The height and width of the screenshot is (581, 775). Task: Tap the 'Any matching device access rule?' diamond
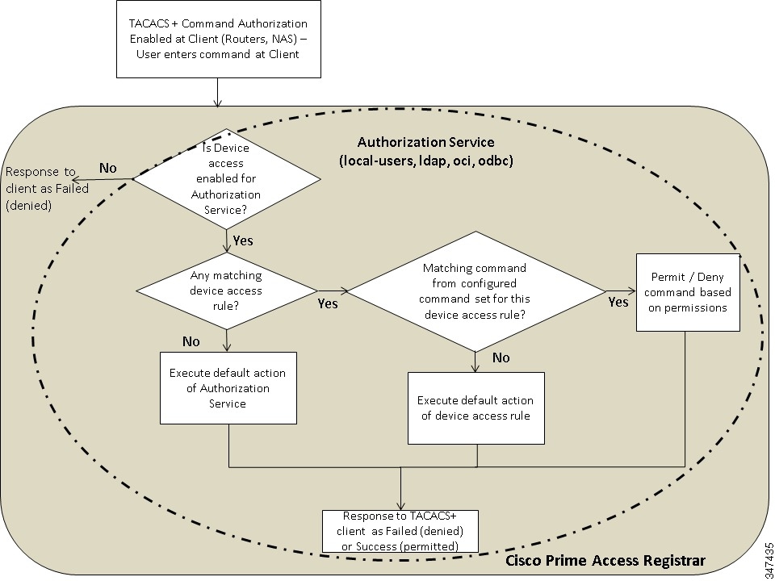(x=226, y=288)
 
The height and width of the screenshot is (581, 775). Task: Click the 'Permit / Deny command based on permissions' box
(x=688, y=291)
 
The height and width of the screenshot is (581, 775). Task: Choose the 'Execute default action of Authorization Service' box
(x=228, y=387)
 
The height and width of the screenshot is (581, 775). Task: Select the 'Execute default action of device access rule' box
(x=475, y=408)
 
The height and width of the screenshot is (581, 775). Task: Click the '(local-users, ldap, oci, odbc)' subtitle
(x=426, y=160)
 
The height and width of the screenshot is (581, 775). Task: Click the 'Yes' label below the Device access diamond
(x=243, y=240)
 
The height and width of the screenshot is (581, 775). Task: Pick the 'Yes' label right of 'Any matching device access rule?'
(x=328, y=303)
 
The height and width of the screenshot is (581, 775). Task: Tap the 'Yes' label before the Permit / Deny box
(x=618, y=302)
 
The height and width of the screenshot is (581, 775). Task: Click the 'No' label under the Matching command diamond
(x=501, y=357)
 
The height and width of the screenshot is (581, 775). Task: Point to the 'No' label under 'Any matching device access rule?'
(x=191, y=341)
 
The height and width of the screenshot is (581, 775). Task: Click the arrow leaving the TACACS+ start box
(x=217, y=92)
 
